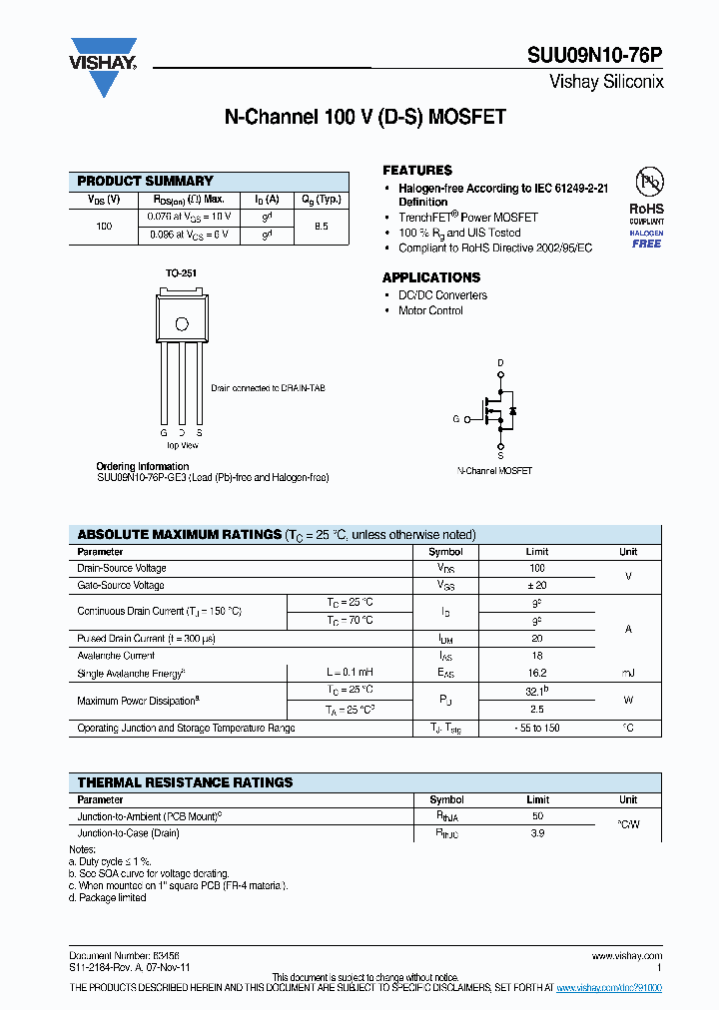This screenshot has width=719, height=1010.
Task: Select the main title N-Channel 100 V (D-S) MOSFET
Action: [x=364, y=118]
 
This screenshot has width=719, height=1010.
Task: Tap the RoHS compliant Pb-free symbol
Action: [x=647, y=185]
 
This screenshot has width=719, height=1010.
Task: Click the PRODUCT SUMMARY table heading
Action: [x=146, y=181]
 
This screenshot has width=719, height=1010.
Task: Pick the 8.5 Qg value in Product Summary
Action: [x=321, y=227]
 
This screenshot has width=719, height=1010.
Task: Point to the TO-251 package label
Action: [x=180, y=272]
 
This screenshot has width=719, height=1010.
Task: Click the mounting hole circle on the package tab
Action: [x=182, y=323]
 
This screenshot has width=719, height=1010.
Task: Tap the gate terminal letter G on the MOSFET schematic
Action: [x=455, y=420]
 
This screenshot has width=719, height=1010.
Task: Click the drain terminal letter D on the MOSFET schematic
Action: [x=500, y=362]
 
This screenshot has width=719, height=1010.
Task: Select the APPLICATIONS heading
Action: [x=431, y=277]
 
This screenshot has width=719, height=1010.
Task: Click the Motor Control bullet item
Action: [x=430, y=310]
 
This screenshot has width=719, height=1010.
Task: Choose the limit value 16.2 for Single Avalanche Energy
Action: [x=537, y=674]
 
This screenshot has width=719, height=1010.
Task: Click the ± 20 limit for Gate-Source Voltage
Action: [x=537, y=585]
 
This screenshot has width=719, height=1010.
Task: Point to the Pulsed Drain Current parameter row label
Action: [x=146, y=638]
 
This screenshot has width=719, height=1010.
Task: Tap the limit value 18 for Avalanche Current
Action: [x=537, y=656]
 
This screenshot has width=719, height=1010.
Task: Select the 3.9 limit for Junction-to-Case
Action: [x=537, y=832]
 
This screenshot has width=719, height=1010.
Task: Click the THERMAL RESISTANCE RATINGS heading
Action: [x=185, y=782]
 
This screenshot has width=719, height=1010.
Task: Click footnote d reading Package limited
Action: [x=108, y=897]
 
